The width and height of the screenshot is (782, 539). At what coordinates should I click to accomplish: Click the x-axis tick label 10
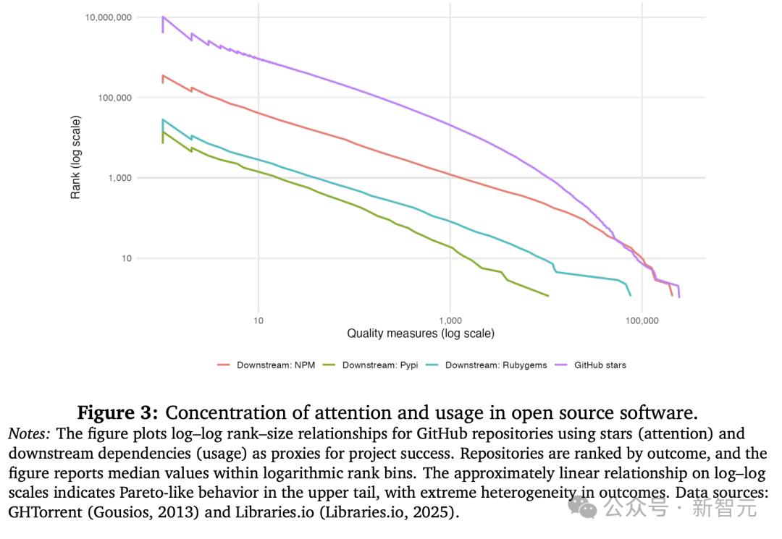point(258,321)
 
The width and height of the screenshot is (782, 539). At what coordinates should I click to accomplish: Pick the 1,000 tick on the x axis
point(450,321)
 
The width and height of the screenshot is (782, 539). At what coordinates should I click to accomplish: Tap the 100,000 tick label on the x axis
point(642,321)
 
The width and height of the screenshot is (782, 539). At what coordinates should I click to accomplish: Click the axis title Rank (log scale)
point(76,157)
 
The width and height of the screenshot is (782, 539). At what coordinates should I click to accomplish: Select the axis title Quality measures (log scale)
point(421,334)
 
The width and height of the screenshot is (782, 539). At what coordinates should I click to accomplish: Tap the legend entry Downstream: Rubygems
point(490,365)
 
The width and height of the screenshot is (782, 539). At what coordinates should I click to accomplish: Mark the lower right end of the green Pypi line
point(548,296)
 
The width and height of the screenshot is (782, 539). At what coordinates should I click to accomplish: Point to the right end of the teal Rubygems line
point(631,295)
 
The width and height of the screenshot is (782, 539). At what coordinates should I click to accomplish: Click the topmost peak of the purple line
point(163,17)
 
